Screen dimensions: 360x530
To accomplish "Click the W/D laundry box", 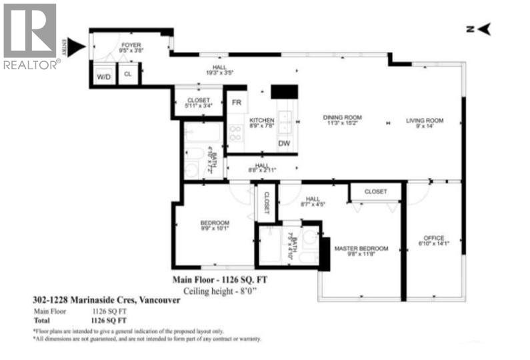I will click(103, 76).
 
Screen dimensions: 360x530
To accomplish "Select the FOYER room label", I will click(131, 46).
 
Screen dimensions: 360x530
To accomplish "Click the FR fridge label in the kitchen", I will click(236, 103).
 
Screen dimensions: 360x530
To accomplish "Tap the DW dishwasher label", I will click(284, 143).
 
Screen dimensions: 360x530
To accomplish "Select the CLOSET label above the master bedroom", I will click(375, 191).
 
